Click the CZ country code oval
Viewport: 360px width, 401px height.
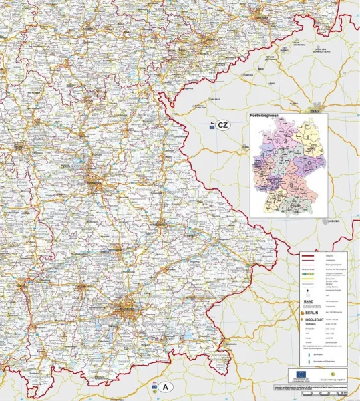(223, 125)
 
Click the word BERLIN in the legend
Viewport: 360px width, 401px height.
(315, 311)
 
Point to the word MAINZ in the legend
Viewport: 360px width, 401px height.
(311, 301)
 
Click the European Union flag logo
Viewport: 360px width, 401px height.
(298, 374)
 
